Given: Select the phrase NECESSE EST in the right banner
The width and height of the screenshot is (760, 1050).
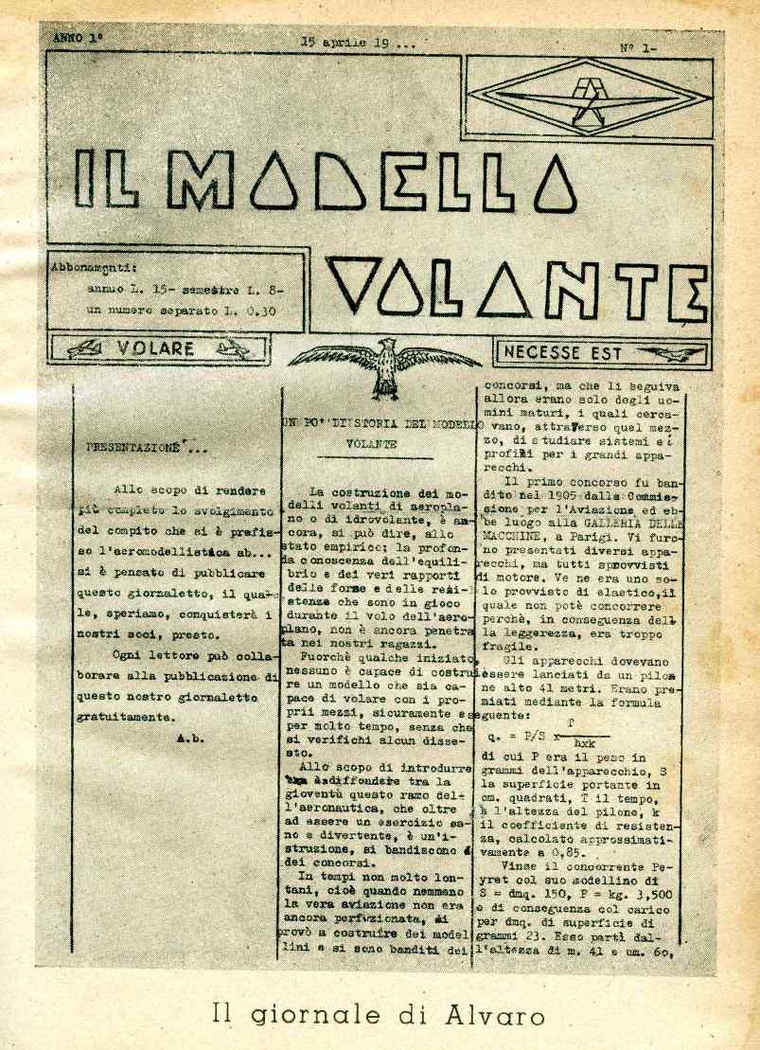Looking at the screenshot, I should coord(563,353).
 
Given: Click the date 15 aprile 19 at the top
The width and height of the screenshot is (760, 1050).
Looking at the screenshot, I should coord(358,43).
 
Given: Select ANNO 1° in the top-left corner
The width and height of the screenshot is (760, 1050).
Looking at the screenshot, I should coord(78,40).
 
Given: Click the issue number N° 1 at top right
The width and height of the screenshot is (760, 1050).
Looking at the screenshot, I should coord(639,45).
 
